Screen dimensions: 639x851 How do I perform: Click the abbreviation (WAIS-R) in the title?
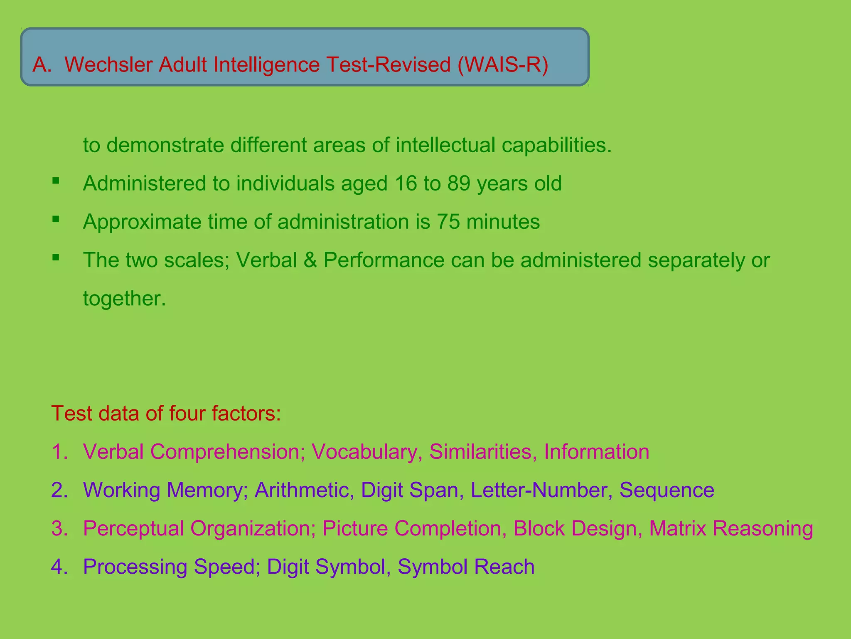click(x=503, y=65)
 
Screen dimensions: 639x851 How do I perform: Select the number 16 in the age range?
click(x=406, y=183)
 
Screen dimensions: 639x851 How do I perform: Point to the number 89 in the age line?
click(x=459, y=183)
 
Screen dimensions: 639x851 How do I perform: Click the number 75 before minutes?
click(x=448, y=222)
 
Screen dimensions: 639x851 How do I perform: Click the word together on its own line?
click(x=124, y=299)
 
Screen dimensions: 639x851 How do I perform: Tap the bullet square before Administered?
click(x=56, y=181)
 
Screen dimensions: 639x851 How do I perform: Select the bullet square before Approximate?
click(x=56, y=219)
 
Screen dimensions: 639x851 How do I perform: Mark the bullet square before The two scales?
click(x=56, y=257)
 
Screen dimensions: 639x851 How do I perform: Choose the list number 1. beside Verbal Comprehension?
click(x=59, y=452)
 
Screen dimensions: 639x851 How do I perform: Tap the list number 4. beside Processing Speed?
click(x=59, y=567)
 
